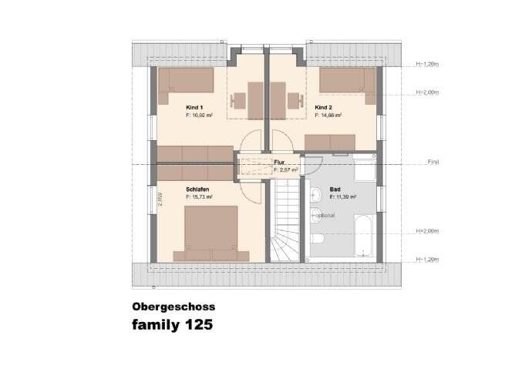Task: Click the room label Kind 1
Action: click(194, 107)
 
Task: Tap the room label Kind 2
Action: click(324, 107)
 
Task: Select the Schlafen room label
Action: click(197, 189)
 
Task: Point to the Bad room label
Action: click(335, 189)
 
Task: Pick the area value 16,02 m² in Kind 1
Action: click(200, 115)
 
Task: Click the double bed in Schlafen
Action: click(210, 232)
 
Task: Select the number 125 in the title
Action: click(197, 324)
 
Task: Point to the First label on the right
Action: click(434, 163)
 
